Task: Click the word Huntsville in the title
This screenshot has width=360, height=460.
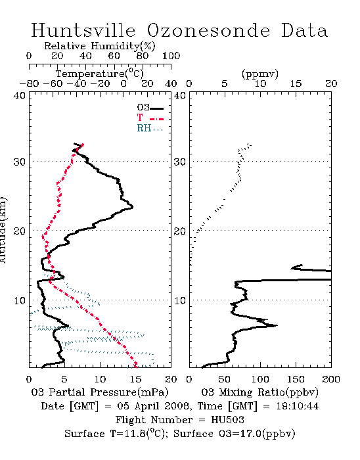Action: (x=83, y=30)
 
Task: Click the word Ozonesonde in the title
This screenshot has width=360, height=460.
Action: (x=208, y=30)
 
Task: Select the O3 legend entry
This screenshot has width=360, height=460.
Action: (x=150, y=108)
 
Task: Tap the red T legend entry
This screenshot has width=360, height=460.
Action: (x=150, y=118)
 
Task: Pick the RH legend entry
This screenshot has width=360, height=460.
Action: (x=150, y=128)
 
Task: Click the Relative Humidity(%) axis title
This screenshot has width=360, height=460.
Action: (x=100, y=46)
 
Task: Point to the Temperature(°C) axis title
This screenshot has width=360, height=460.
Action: (x=100, y=74)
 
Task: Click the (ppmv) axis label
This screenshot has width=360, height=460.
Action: (x=260, y=74)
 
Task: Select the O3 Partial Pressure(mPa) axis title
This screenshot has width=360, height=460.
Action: (x=100, y=392)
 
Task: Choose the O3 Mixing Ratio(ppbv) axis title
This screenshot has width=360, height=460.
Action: (x=259, y=392)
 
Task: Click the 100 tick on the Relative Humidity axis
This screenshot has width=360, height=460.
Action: (x=171, y=56)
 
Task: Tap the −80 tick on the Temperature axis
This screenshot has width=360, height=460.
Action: (x=30, y=83)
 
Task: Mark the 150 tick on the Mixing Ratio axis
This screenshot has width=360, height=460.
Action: (x=296, y=379)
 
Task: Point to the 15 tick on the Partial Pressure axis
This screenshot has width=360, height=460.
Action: (x=135, y=379)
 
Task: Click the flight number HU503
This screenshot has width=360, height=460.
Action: (x=227, y=420)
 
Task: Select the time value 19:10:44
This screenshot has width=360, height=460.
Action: (x=298, y=406)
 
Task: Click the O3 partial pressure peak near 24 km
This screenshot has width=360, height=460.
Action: (x=133, y=207)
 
